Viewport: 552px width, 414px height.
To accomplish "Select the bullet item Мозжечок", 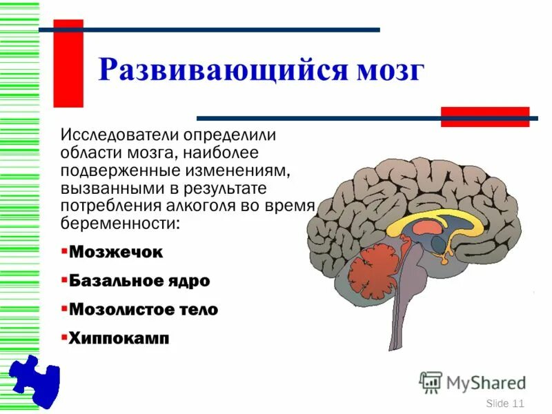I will pyautogui.click(x=116, y=253).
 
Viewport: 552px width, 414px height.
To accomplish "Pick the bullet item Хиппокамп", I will pyautogui.click(x=119, y=339).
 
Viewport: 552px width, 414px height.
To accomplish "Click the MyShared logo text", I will pyautogui.click(x=486, y=382).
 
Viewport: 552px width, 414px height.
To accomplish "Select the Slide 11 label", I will pyautogui.click(x=505, y=403).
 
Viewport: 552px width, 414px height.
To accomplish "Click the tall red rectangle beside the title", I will pyautogui.click(x=68, y=63).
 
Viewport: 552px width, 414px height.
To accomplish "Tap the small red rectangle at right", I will pyautogui.click(x=485, y=117).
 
